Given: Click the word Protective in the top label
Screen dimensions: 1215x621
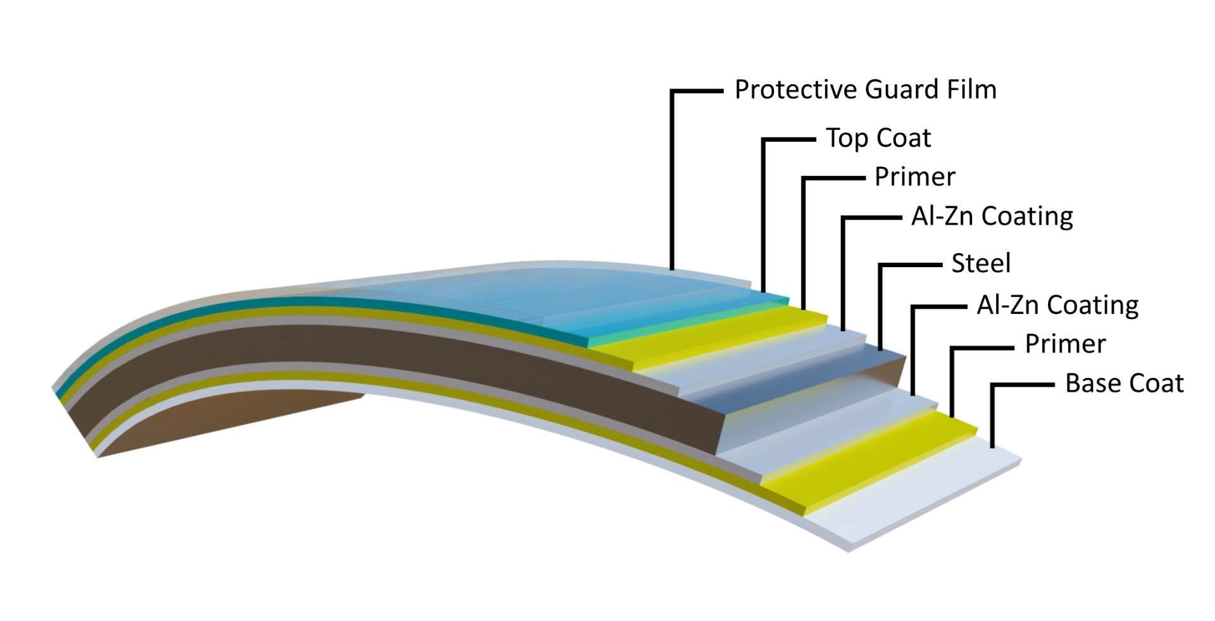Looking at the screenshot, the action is (795, 89).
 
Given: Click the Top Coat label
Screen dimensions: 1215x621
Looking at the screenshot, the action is (878, 138).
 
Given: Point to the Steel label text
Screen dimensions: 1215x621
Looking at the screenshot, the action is (981, 263).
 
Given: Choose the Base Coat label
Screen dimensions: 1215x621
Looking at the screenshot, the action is (1125, 384).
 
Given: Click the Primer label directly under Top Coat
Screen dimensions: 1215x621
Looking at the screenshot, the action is (915, 177).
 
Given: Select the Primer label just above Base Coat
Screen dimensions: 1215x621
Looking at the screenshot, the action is (1066, 344).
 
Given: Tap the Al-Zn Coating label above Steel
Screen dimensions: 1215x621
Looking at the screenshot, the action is (992, 216).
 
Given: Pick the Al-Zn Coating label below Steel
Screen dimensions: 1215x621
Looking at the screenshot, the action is (1057, 305).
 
